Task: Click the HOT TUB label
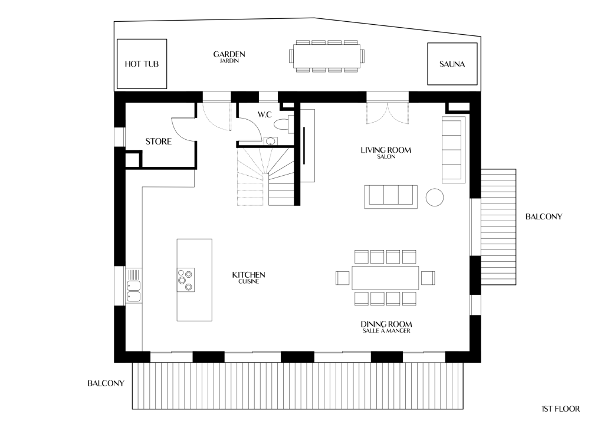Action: (142, 64)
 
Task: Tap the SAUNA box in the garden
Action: (452, 64)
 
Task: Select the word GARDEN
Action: (229, 54)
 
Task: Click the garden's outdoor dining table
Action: (327, 56)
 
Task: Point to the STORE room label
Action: (158, 142)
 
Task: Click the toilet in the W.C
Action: (282, 124)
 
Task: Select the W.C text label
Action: (265, 114)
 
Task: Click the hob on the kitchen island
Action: (186, 280)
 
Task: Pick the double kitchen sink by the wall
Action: (134, 290)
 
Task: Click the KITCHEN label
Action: (248, 275)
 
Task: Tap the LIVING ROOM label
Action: (386, 150)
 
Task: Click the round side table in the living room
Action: (435, 198)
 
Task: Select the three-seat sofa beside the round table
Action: (391, 197)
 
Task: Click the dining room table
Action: (385, 278)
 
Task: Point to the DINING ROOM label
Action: (386, 324)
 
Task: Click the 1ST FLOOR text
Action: (560, 409)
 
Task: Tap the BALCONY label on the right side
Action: (544, 217)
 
